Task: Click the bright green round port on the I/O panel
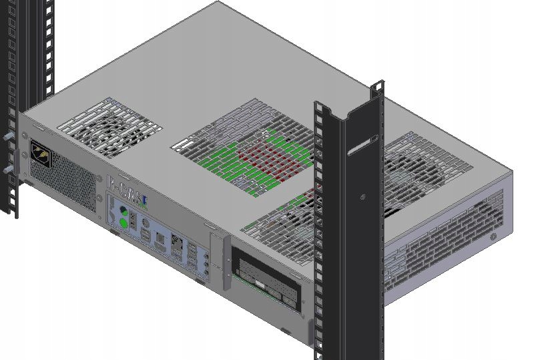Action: click(x=123, y=224)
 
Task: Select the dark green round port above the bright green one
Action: click(x=123, y=211)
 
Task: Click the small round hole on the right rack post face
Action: click(x=362, y=197)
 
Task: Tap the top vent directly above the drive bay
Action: click(x=280, y=217)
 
